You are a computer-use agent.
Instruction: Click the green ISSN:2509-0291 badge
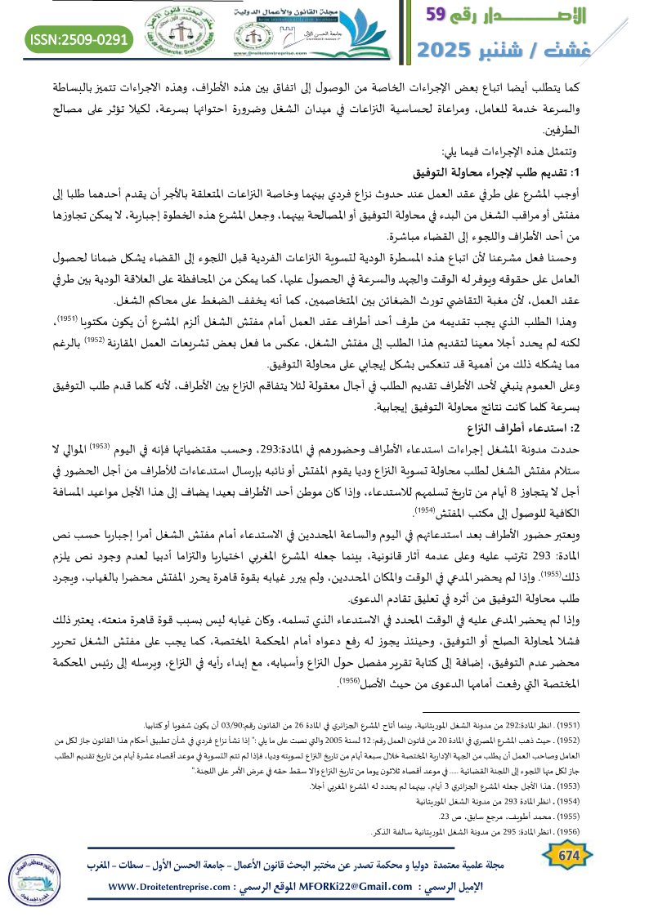(x=79, y=38)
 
